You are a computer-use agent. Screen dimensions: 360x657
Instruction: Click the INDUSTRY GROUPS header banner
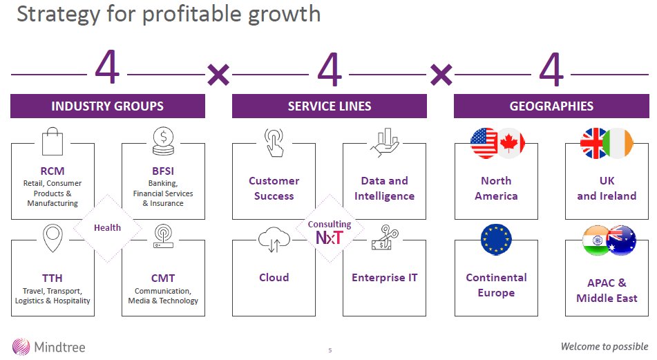(107, 106)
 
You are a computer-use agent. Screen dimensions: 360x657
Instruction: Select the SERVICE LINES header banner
(329, 106)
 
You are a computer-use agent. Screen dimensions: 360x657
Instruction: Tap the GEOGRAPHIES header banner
(551, 106)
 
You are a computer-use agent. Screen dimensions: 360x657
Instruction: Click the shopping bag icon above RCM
(53, 142)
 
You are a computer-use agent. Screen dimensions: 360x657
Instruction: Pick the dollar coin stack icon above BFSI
(164, 142)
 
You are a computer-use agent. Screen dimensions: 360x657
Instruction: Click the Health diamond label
(107, 227)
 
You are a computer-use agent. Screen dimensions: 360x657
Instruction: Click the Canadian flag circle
(511, 143)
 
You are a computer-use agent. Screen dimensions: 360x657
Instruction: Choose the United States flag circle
(484, 143)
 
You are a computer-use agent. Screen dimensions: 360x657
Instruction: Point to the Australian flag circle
(620, 240)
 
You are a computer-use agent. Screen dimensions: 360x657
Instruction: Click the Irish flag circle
(617, 143)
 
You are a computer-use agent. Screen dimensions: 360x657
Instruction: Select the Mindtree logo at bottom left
(48, 346)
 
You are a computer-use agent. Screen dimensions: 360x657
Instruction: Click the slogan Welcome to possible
(604, 346)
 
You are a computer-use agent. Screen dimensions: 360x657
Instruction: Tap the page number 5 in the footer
(330, 350)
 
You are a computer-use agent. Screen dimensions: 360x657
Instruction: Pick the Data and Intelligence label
(384, 188)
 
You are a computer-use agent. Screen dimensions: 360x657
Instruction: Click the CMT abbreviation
(163, 278)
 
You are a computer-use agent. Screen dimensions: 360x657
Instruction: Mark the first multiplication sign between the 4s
(218, 74)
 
